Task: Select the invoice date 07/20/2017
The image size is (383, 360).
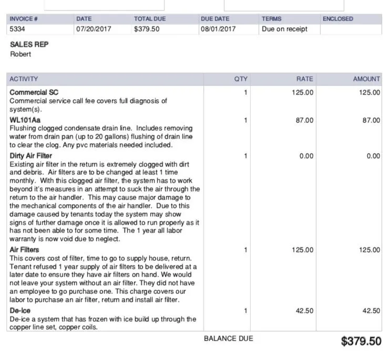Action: pos(94,29)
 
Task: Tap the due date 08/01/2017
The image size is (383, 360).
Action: pos(218,29)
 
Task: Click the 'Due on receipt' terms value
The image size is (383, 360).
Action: pos(284,29)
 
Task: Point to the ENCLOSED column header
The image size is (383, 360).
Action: pos(338,19)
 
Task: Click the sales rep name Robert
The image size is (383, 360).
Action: pos(20,54)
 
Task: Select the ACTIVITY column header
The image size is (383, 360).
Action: pos(24,79)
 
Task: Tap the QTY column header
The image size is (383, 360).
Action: pos(241,79)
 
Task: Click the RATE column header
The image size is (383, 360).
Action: pos(305,79)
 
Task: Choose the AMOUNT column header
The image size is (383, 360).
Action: pos(366,79)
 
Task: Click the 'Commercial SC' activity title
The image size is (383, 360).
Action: pos(34,92)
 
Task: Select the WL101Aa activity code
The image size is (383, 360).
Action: pos(25,120)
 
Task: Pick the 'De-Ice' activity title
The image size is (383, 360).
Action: pos(20,311)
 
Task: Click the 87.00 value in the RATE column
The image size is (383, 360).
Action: pos(305,120)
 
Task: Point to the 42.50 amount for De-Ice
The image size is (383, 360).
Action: pos(371,311)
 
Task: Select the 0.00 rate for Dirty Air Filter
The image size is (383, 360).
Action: pos(306,156)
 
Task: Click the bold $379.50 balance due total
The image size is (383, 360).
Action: pos(361,342)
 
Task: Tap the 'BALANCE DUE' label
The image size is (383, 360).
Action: pos(229,338)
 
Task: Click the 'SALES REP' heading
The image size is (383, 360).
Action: pos(29,45)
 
